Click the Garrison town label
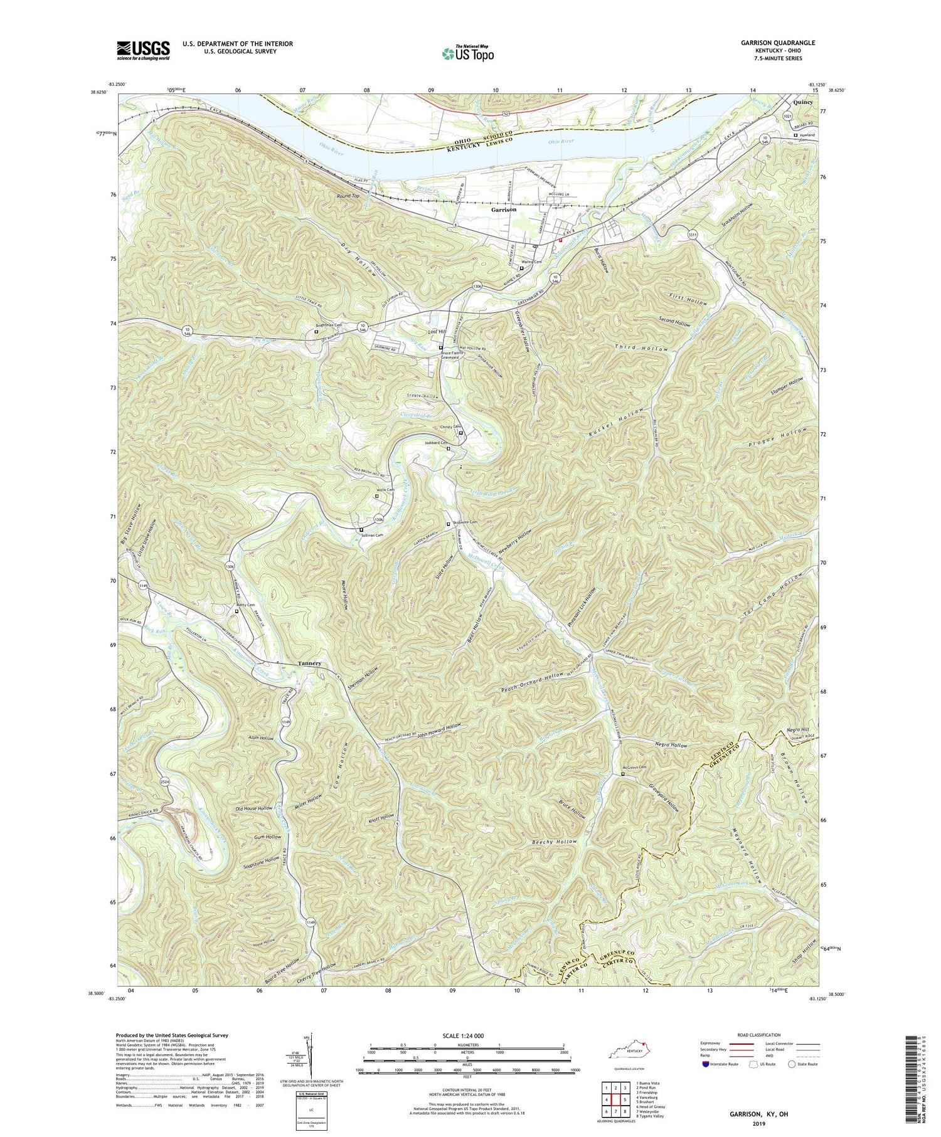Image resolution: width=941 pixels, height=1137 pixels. (504, 209)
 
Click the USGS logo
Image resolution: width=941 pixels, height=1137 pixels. (143, 50)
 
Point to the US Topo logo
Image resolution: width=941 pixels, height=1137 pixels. (467, 53)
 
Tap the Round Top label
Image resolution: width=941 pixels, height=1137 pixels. (349, 196)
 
